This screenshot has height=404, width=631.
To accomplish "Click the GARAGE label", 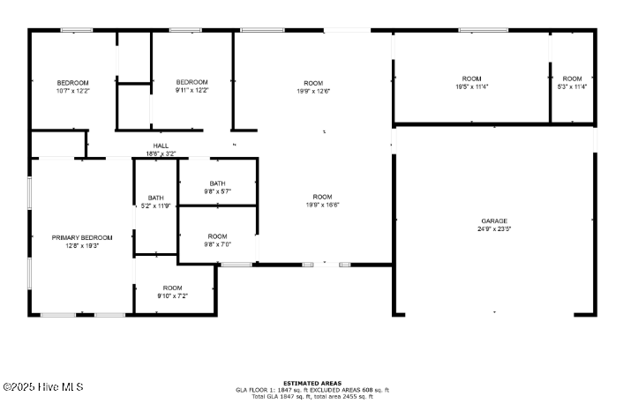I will pyautogui.click(x=493, y=221).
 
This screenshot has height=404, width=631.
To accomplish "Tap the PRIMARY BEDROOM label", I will pyautogui.click(x=82, y=237).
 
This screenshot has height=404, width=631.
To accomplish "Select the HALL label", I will pyautogui.click(x=161, y=146).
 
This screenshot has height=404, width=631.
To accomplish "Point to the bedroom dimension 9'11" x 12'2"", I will pyautogui.click(x=192, y=91).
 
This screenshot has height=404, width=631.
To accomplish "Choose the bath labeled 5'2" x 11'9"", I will pyautogui.click(x=156, y=206).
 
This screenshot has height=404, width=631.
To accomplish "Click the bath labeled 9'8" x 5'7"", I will pyautogui.click(x=217, y=191).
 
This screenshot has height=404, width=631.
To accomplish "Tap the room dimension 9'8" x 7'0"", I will pyautogui.click(x=217, y=244).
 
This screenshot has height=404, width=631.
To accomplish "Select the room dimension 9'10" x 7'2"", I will pyautogui.click(x=172, y=296).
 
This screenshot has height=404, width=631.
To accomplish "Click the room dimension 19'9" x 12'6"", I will pyautogui.click(x=313, y=91).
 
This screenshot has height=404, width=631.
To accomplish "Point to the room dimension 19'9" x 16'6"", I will pyautogui.click(x=322, y=205).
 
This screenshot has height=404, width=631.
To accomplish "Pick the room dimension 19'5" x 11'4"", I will pyautogui.click(x=472, y=86).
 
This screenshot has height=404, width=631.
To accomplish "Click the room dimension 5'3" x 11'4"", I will pyautogui.click(x=573, y=86).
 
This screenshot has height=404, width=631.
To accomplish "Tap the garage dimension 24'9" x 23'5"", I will pyautogui.click(x=493, y=228).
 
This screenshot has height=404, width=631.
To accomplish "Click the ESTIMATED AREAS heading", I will pyautogui.click(x=312, y=383).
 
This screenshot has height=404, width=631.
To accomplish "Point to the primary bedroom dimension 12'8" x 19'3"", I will pyautogui.click(x=82, y=245).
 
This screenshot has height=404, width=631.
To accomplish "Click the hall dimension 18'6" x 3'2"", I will pyautogui.click(x=161, y=153).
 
